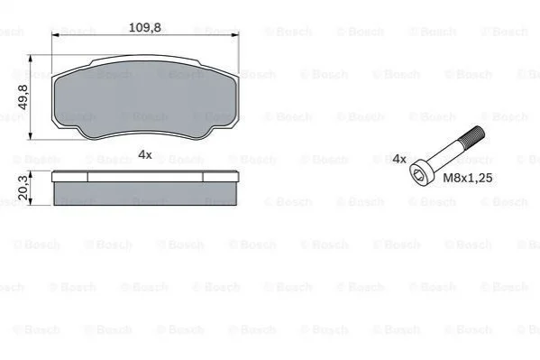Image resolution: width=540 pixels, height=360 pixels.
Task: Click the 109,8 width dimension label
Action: tap(144, 27)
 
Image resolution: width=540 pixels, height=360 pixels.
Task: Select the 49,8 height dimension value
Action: tap(23, 97)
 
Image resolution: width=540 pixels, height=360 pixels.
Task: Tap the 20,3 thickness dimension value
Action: tap(23, 188)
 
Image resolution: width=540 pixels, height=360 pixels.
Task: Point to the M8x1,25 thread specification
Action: tap(467, 178)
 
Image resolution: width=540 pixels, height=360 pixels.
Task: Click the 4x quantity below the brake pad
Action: tap(144, 154)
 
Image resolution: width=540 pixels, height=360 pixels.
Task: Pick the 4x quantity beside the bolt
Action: tap(399, 159)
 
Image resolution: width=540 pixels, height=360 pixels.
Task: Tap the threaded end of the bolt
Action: tap(473, 134)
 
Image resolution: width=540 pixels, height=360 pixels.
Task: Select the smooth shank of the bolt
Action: tap(444, 153)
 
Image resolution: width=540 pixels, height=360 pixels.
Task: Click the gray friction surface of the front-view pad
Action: tap(144, 98)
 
